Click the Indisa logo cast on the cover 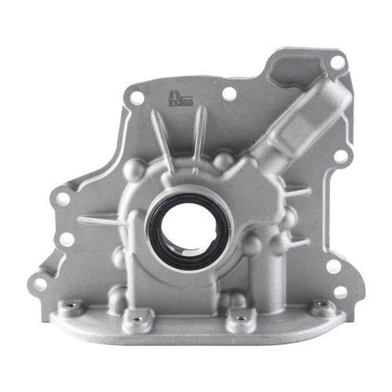point(183,100)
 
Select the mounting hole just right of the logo point(229,94)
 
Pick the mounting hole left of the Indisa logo point(137,98)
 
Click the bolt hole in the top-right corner point(336,60)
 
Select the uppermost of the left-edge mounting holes point(62,198)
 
